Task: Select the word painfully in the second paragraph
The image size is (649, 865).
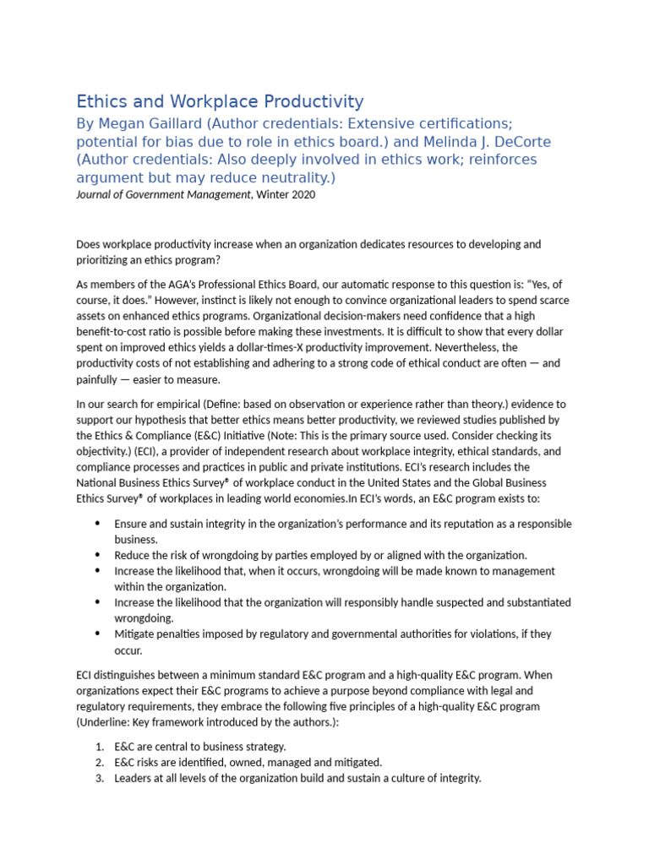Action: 100,379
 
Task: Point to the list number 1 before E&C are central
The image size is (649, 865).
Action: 98,747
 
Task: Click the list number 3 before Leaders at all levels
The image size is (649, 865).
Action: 98,778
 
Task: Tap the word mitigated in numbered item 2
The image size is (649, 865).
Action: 354,763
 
